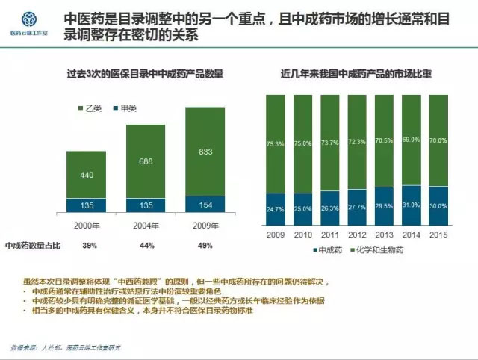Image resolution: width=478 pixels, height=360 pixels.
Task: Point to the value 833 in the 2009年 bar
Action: point(205,152)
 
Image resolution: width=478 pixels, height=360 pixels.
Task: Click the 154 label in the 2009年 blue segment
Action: point(205,205)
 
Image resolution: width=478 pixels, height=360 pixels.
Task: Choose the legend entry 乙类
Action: point(92,108)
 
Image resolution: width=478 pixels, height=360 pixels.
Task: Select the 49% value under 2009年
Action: point(205,245)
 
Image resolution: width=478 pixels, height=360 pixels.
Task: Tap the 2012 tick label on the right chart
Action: point(357,233)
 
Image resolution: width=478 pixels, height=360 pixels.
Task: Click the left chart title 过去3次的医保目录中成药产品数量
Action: point(145,75)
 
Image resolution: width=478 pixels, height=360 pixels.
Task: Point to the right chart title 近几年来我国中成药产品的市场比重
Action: point(357,75)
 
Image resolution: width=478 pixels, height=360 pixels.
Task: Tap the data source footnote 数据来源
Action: point(66,348)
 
